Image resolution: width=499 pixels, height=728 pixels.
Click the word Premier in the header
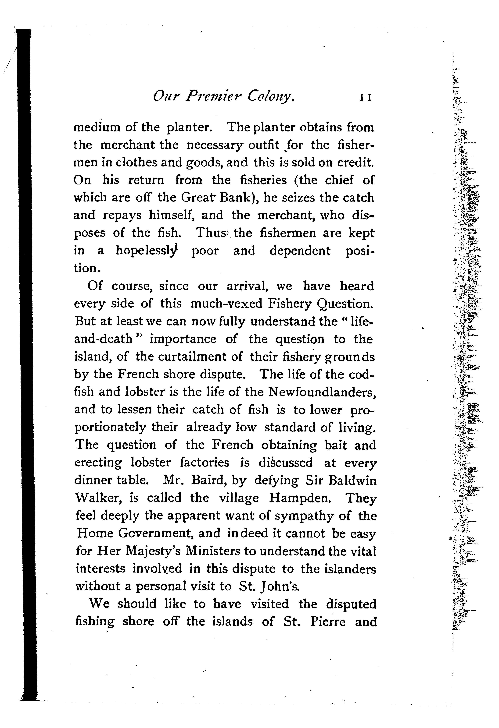[x=212, y=97]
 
